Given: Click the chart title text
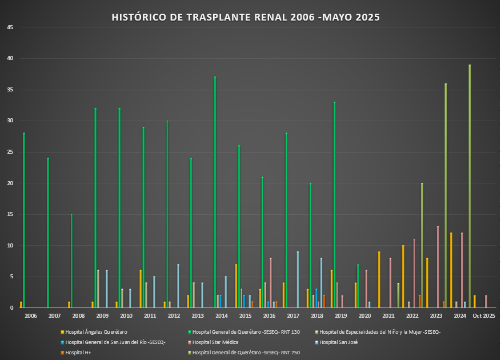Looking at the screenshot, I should pos(246,17).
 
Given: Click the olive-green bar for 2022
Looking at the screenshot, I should pos(422,246).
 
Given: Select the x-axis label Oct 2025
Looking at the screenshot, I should pos(484,316).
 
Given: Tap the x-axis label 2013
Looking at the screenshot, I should pos(197,316).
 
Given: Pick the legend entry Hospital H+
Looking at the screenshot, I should pos(78,353).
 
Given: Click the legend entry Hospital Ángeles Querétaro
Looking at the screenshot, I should pos(96,332).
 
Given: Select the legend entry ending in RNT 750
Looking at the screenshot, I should pos(246,353).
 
